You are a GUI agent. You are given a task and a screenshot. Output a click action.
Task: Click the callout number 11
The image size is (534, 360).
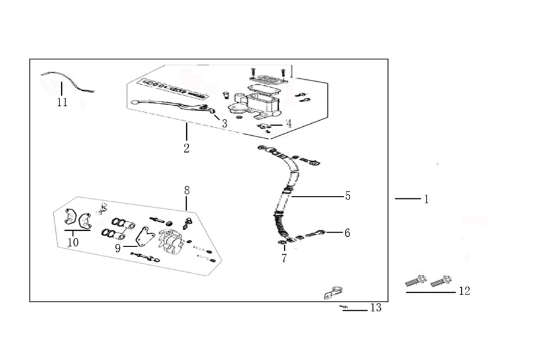(x=62, y=102)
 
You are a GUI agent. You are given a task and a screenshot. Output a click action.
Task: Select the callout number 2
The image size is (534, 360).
(x=186, y=148)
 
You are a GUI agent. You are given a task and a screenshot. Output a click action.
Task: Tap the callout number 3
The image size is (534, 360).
(x=224, y=123)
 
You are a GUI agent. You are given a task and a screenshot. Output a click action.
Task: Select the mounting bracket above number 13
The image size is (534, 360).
(x=333, y=292)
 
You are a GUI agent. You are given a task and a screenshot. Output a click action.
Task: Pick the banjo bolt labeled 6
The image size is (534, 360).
(x=315, y=234)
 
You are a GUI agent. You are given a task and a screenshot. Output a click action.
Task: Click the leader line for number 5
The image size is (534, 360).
(x=317, y=197)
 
